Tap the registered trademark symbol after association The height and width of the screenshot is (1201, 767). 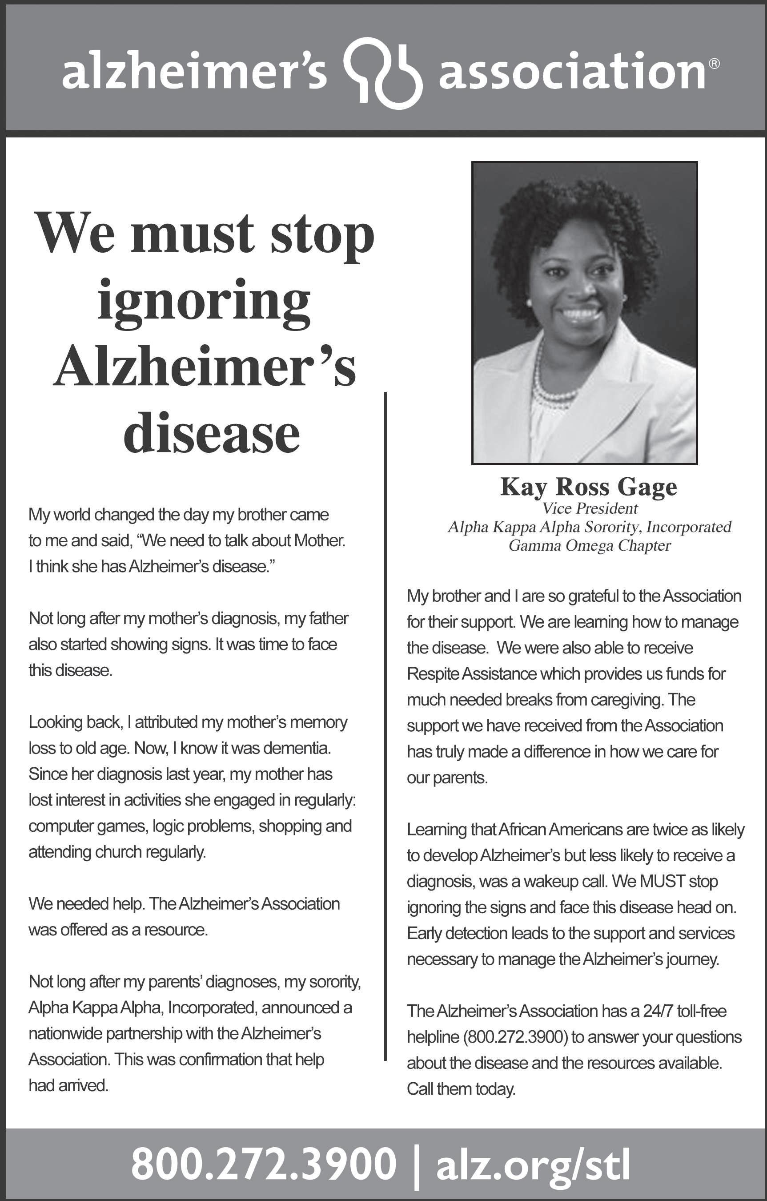pos(715,64)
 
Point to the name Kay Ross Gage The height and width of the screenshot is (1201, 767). pos(588,487)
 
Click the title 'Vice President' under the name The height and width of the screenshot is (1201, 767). pos(590,508)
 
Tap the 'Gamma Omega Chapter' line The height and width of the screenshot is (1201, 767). pos(590,545)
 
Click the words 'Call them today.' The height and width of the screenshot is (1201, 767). pos(461,1089)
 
